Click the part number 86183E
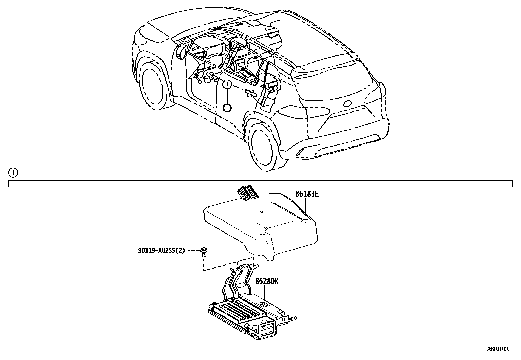click(307, 194)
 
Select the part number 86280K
click(267, 281)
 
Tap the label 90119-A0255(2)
click(161, 251)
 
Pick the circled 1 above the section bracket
click(13, 173)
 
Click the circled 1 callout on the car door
click(227, 85)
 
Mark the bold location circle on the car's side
click(227, 107)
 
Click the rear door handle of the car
click(251, 93)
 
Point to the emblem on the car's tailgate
click(348, 104)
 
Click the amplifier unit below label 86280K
click(252, 317)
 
